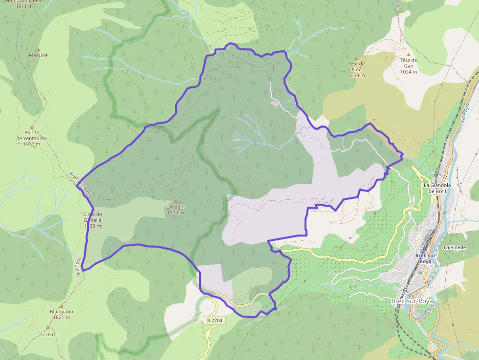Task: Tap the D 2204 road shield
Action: [214, 320]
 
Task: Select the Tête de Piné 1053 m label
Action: [357, 69]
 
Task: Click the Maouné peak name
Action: [38, 55]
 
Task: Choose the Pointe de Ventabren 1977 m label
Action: [31, 138]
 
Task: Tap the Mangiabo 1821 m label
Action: [62, 314]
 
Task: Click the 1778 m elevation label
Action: [48, 335]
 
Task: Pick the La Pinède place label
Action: [455, 248]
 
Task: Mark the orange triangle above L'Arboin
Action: [175, 201]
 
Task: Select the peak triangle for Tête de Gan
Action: [409, 54]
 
